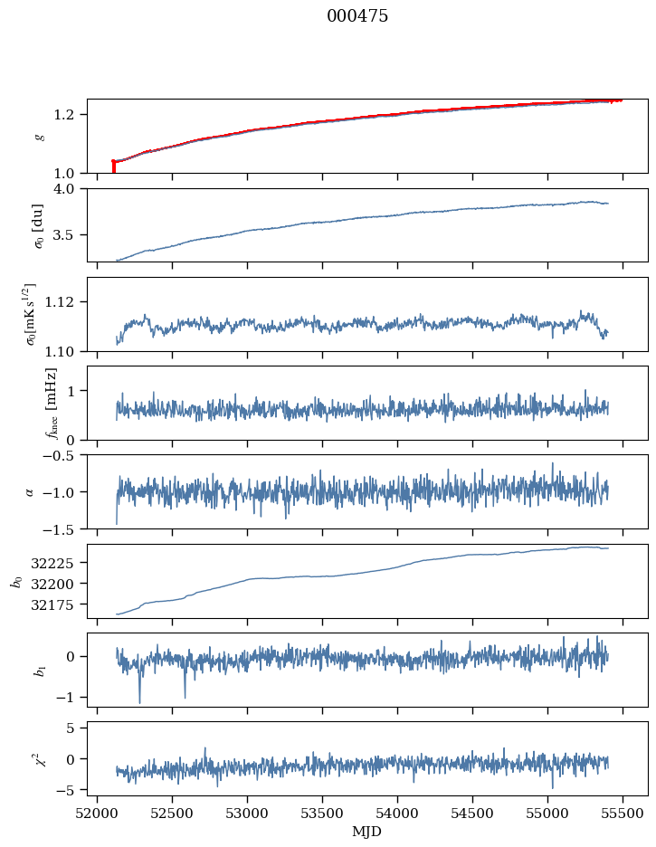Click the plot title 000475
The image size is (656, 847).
click(357, 16)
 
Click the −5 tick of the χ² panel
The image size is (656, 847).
click(72, 790)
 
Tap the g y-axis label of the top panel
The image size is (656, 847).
click(39, 136)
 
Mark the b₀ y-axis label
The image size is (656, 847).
click(17, 581)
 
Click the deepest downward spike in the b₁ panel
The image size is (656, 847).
click(139, 701)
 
